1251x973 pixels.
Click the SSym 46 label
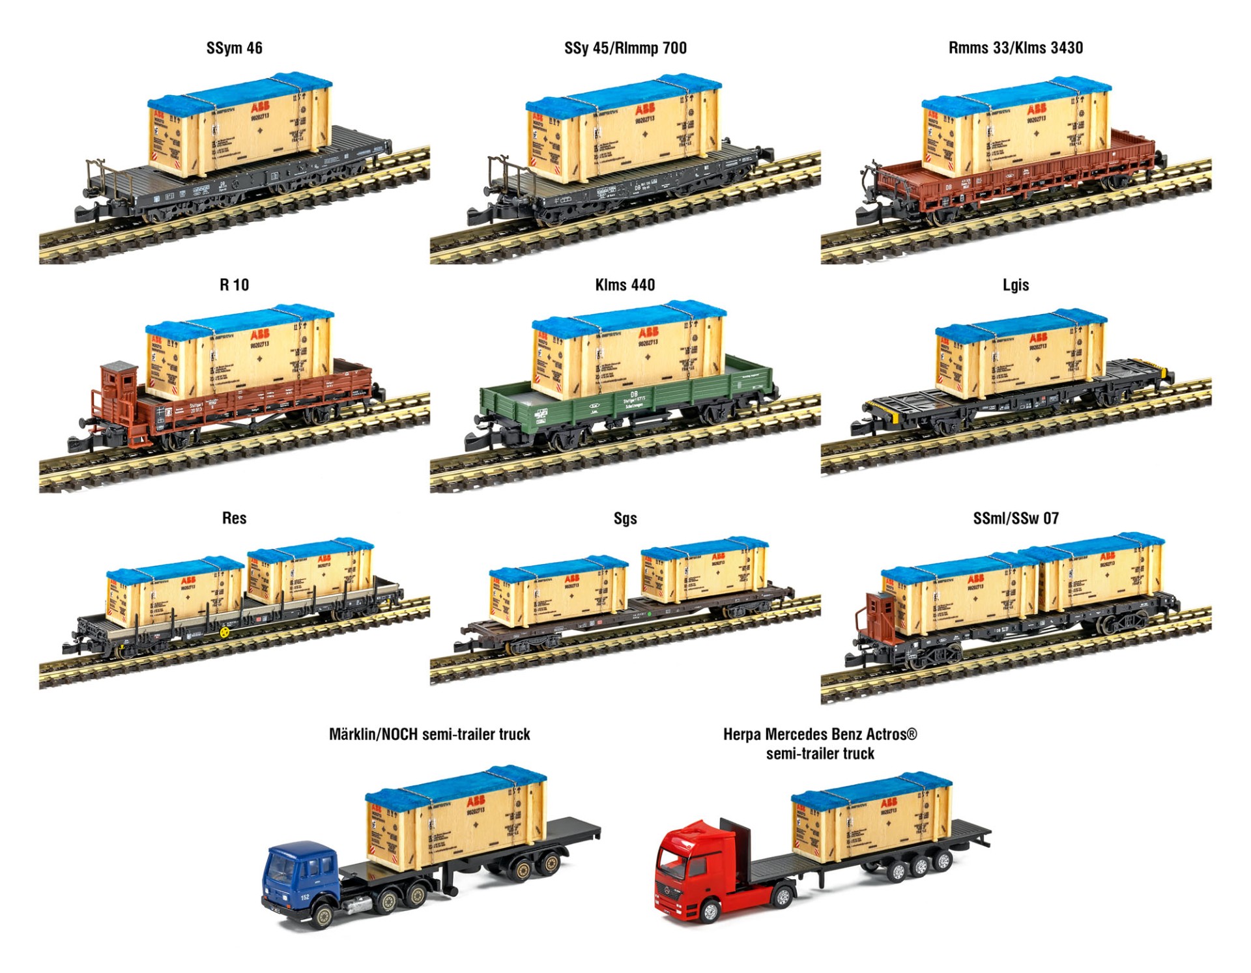[234, 48]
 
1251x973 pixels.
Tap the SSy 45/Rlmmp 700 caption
[625, 48]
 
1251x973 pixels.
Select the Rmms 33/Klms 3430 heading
[1015, 48]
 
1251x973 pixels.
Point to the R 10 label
[234, 285]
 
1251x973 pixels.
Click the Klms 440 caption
[625, 285]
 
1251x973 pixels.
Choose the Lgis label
[1015, 285]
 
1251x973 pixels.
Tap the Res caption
[234, 518]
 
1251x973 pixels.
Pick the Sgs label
[625, 518]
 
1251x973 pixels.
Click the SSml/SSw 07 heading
[1015, 518]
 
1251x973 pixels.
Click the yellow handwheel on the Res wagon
[225, 632]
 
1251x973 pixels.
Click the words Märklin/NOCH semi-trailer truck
[429, 735]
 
